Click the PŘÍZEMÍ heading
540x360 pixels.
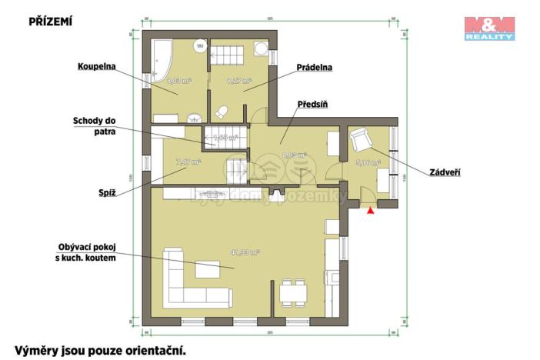pyautogui.click(x=50, y=22)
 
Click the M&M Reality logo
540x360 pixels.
pyautogui.click(x=488, y=27)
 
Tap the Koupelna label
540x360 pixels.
pyautogui.click(x=96, y=67)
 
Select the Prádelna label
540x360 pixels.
pyautogui.click(x=314, y=68)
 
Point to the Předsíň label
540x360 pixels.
pyautogui.click(x=313, y=103)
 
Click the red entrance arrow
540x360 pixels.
pyautogui.click(x=372, y=208)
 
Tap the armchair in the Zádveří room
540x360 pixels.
pyautogui.click(x=360, y=140)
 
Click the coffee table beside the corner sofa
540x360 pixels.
pyautogui.click(x=207, y=271)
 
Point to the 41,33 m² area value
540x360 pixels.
pyautogui.click(x=245, y=252)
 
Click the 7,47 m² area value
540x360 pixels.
pyautogui.click(x=187, y=162)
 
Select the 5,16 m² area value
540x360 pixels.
pyautogui.click(x=367, y=163)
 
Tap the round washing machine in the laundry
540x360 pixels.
pyautogui.click(x=261, y=48)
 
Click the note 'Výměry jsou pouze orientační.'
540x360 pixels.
pyautogui.click(x=100, y=350)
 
